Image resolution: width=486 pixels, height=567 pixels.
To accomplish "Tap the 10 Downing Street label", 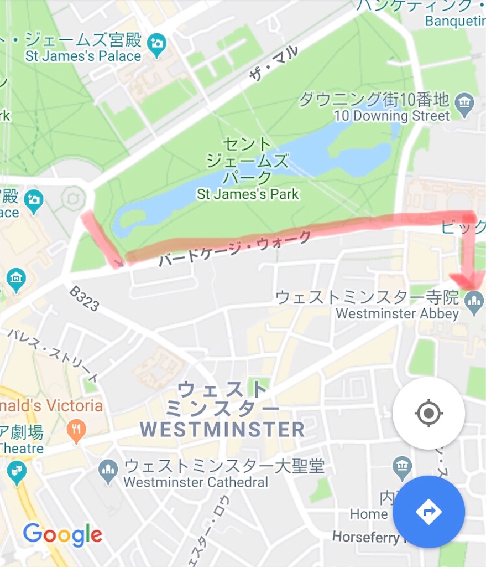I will click(392, 116).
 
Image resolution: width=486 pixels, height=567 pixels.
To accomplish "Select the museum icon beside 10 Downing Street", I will click(464, 101).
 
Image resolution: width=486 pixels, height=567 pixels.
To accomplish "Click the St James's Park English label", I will click(248, 194).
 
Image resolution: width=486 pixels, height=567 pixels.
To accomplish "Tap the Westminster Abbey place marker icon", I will click(473, 301).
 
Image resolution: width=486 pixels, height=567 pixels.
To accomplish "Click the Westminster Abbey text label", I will click(397, 313).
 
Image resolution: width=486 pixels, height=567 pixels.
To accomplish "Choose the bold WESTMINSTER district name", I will click(222, 429).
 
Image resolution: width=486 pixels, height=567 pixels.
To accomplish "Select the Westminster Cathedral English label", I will click(196, 482).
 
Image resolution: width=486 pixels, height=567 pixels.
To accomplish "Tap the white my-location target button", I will click(428, 413).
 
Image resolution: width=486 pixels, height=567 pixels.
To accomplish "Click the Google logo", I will click(62, 535).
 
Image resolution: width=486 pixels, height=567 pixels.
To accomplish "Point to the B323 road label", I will click(84, 298).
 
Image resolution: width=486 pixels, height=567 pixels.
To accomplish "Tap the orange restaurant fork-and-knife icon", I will click(76, 428).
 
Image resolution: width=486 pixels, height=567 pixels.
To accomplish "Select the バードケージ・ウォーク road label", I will click(234, 250).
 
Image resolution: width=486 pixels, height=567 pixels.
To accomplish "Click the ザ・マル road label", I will click(273, 64).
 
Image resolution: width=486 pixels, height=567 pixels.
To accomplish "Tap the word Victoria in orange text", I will click(75, 405).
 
